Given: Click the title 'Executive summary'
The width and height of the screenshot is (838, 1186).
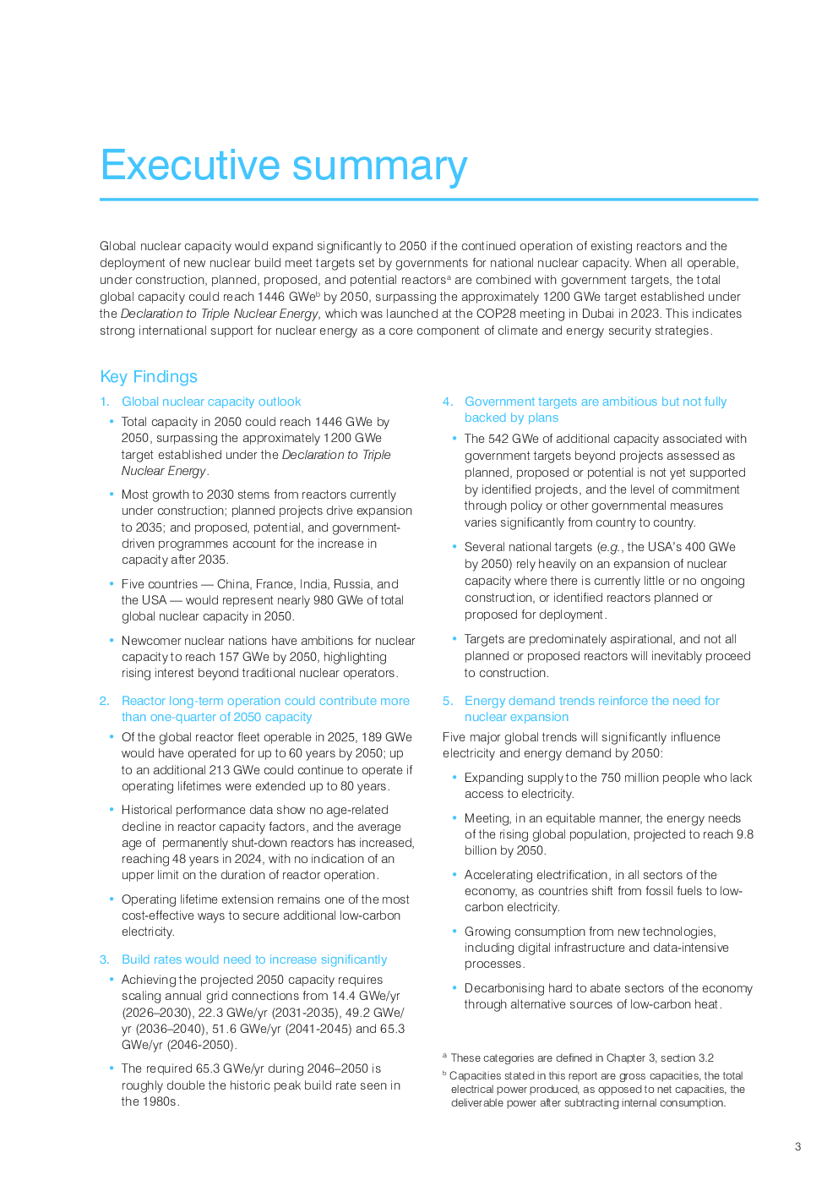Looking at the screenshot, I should (x=284, y=166).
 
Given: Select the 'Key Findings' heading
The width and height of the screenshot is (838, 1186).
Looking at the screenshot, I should (x=149, y=377).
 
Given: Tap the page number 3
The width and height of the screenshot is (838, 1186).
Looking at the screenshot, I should (x=797, y=1147).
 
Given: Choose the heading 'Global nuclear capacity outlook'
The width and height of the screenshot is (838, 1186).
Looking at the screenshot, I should (x=211, y=402).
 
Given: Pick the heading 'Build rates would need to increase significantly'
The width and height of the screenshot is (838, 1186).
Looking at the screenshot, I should (x=254, y=959).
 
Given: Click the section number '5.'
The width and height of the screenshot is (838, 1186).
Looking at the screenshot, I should (x=448, y=701).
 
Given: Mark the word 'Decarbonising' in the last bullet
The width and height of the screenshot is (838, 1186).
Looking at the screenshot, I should (x=503, y=988).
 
